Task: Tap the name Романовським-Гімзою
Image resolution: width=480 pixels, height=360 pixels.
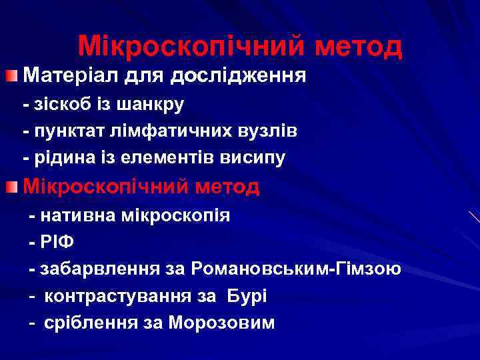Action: [x=295, y=269]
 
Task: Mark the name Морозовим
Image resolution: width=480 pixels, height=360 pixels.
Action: [x=221, y=323]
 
